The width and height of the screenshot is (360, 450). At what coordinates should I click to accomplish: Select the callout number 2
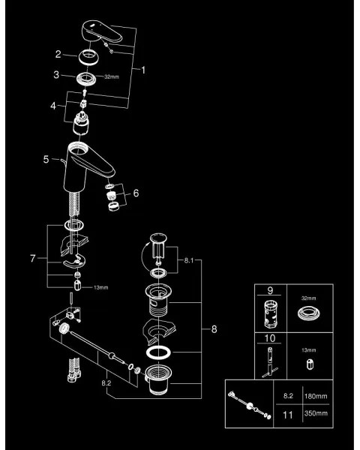point(56,54)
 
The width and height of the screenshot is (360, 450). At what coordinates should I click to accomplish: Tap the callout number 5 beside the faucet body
point(46,159)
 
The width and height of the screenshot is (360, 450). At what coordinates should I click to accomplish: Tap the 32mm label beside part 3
point(111,76)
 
